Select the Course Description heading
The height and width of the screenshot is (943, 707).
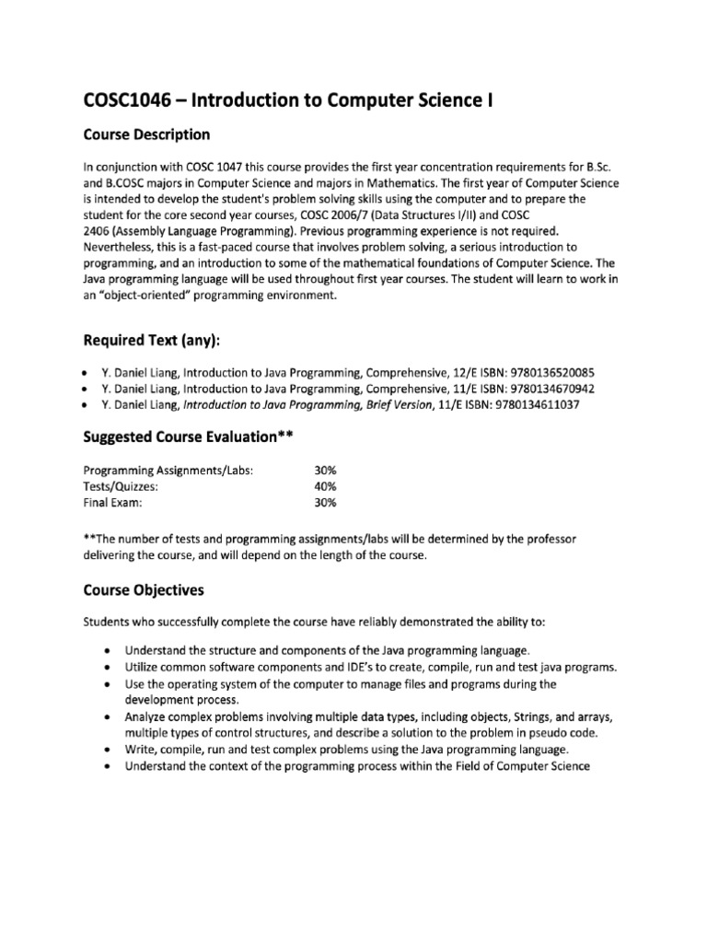pyautogui.click(x=146, y=135)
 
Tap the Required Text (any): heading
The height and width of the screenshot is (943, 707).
pyautogui.click(x=153, y=343)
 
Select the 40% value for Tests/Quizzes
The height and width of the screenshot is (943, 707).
pyautogui.click(x=325, y=486)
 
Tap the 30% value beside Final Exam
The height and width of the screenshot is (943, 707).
pyautogui.click(x=325, y=503)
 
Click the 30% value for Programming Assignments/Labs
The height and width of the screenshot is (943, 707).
pyautogui.click(x=325, y=470)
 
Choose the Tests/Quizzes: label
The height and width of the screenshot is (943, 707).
pyautogui.click(x=122, y=486)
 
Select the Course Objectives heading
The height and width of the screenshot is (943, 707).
pyautogui.click(x=144, y=589)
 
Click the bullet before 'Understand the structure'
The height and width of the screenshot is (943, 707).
pyautogui.click(x=109, y=650)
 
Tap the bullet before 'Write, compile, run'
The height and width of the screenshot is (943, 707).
pyautogui.click(x=109, y=750)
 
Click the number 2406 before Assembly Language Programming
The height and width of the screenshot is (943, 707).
pyautogui.click(x=99, y=230)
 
